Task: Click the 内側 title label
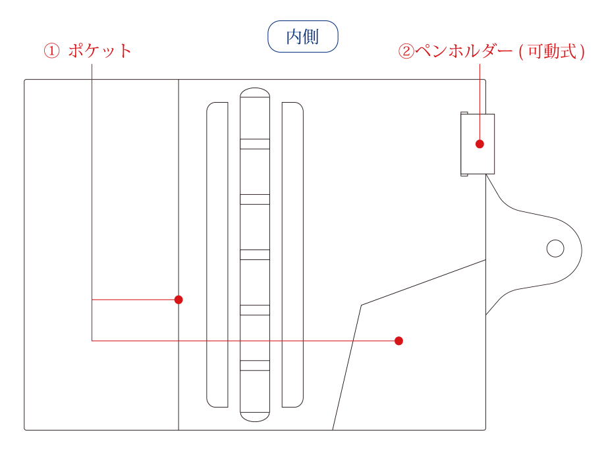point(302,37)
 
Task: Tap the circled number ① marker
point(51,51)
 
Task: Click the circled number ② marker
point(406,51)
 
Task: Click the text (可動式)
point(552,51)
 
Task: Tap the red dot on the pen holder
point(480,144)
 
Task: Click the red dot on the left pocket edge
point(179,300)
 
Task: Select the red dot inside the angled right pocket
point(399,340)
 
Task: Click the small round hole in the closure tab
point(555,248)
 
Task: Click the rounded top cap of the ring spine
point(255,94)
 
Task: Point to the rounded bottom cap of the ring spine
point(255,416)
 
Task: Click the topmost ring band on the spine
point(255,144)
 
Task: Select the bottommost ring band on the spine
point(255,365)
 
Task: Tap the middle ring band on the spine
point(255,255)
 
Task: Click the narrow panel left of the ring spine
point(217,255)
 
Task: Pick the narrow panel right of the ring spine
point(292,255)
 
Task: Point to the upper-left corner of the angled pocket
point(362,305)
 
